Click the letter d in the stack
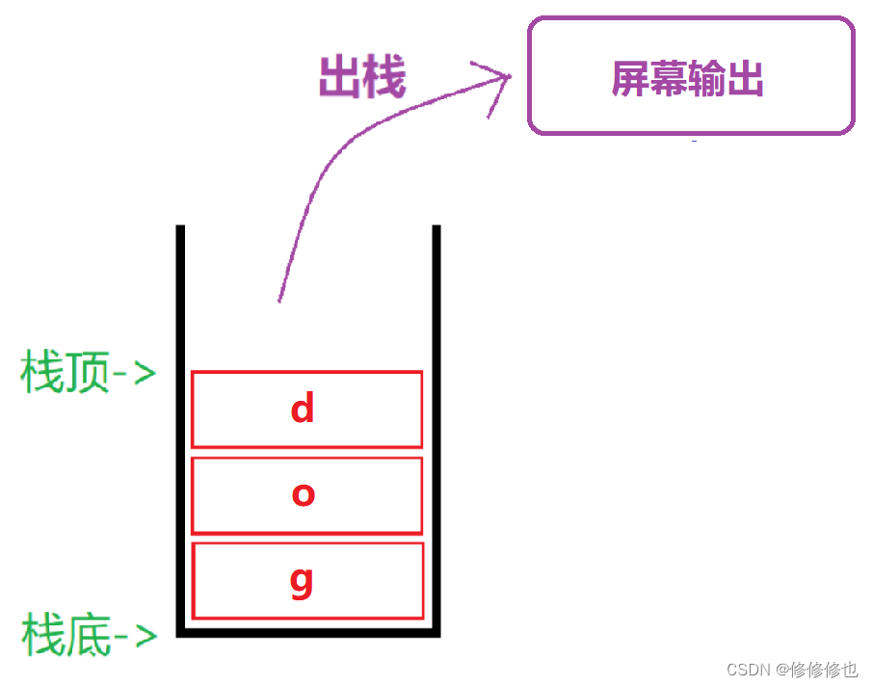[x=303, y=410]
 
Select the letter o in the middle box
[x=304, y=494]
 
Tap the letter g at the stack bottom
[x=302, y=582]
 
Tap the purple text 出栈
[x=362, y=77]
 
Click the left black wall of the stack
[x=180, y=424]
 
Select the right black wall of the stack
[x=436, y=424]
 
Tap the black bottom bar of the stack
[x=308, y=632]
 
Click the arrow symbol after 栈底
[x=136, y=636]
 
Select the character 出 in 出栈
[x=340, y=77]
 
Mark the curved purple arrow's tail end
[x=279, y=300]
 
